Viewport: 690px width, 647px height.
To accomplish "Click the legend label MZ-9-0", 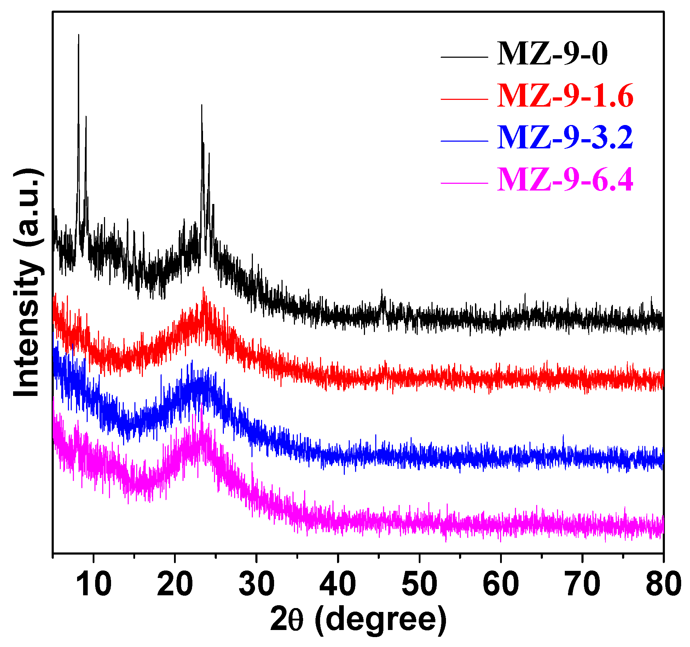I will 552,54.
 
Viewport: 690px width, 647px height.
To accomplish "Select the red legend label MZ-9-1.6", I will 565,96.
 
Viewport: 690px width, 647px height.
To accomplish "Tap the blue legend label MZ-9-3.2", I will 565,138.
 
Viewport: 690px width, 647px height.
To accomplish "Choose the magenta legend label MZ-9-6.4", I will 565,180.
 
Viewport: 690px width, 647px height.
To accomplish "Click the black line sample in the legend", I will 464,57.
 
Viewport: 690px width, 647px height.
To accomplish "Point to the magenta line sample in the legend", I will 464,183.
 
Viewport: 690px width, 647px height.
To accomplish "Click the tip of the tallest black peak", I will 79,35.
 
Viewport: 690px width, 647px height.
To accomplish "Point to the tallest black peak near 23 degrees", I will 202,105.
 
